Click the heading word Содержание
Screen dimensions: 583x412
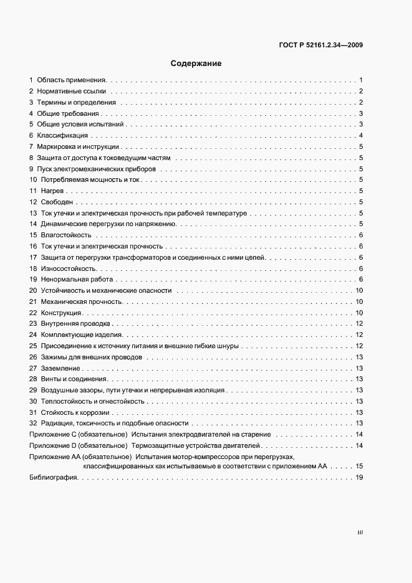coord(196,64)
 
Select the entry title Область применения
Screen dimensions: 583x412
coord(72,80)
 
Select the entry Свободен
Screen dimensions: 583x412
coord(57,202)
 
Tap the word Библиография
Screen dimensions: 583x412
coord(53,477)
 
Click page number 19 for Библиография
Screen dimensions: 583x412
coord(359,477)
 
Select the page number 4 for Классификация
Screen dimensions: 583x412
coord(361,135)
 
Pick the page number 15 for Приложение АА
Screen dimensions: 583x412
coord(359,466)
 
